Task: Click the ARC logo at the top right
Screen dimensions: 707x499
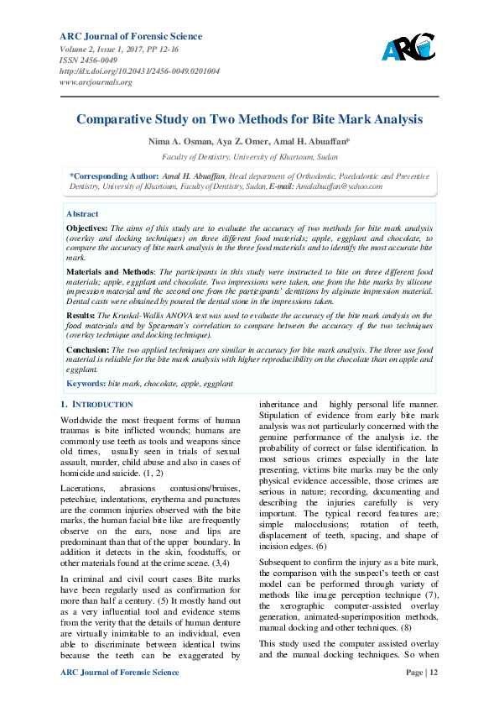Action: click(408, 47)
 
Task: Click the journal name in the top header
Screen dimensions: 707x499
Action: click(131, 36)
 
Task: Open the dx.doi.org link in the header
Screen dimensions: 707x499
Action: click(140, 71)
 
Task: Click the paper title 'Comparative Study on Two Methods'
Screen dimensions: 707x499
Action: click(249, 119)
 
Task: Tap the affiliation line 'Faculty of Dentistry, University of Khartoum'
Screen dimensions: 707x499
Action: click(249, 157)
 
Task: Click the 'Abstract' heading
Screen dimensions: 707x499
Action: click(82, 214)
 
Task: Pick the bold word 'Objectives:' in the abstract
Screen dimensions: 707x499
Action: click(86, 228)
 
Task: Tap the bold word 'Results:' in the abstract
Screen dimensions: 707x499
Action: click(81, 313)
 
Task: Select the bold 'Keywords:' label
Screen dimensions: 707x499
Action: click(86, 383)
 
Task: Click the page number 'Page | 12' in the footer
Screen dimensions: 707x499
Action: click(421, 673)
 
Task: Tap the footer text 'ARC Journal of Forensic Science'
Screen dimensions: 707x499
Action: click(120, 673)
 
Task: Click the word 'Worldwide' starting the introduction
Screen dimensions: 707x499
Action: click(85, 419)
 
